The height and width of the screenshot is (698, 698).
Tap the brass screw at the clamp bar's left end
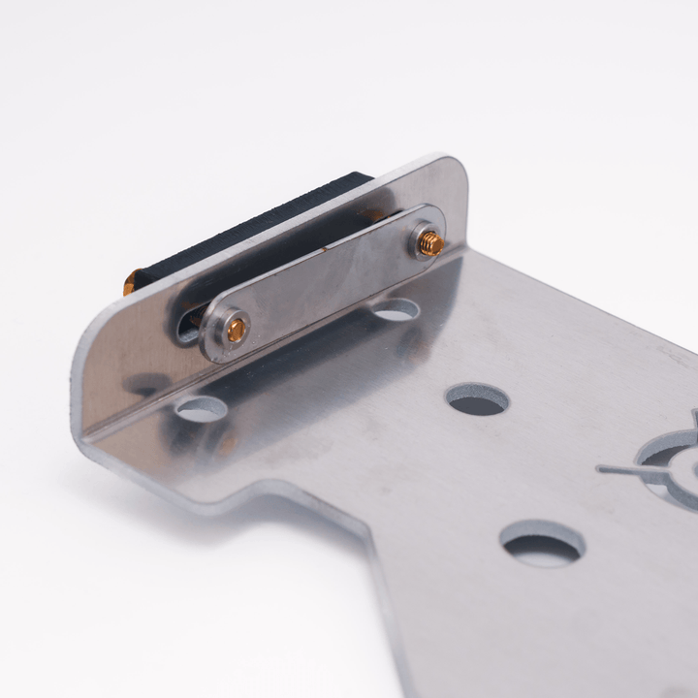point(236,330)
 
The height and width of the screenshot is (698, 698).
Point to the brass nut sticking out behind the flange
point(129,285)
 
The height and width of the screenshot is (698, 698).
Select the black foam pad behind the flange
point(252,227)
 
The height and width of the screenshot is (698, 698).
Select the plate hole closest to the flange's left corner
point(202,409)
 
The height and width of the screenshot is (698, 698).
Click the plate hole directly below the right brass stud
point(397,310)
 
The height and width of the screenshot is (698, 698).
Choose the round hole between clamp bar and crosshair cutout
point(477,398)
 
